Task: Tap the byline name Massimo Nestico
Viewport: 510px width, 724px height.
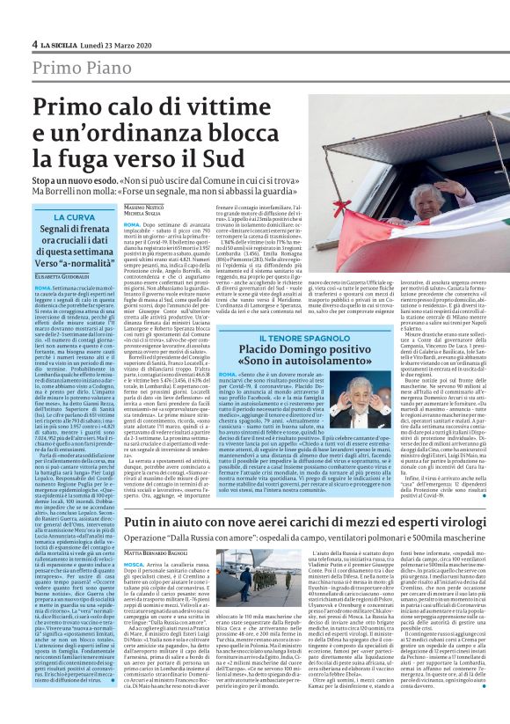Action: (142, 204)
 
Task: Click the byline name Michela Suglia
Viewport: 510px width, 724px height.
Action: (141, 213)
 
